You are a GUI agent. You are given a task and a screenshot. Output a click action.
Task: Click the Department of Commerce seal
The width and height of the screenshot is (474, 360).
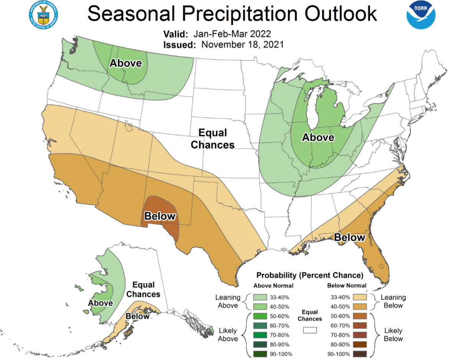click(x=43, y=15)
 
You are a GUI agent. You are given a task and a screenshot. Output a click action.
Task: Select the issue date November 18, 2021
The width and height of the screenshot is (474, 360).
click(x=242, y=45)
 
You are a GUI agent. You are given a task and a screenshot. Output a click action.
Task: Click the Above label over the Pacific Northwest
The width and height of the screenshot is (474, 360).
click(x=126, y=63)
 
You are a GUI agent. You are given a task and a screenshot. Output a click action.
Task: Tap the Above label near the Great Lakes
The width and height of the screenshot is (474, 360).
click(x=318, y=137)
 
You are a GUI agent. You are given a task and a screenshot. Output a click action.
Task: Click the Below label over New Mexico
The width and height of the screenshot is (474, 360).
click(x=160, y=216)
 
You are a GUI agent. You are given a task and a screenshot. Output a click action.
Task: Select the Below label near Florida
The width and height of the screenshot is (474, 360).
click(x=349, y=238)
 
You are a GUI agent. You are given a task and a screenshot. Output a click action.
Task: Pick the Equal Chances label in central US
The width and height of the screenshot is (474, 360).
click(x=212, y=139)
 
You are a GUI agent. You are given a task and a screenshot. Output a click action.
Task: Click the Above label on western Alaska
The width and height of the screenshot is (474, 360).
click(x=100, y=303)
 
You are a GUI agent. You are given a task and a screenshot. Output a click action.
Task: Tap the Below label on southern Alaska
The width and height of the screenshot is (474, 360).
click(x=137, y=317)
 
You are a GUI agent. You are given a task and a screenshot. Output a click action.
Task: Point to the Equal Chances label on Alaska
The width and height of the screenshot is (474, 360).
click(x=143, y=290)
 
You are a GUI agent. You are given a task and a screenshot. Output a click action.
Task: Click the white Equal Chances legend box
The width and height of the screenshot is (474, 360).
click(x=310, y=330)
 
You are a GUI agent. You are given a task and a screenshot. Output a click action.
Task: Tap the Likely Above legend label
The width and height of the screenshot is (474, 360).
click(x=228, y=335)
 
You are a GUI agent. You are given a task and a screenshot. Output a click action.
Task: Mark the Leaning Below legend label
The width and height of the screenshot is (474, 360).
click(x=393, y=301)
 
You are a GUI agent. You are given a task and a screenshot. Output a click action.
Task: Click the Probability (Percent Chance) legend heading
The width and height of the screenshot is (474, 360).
click(x=309, y=275)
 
